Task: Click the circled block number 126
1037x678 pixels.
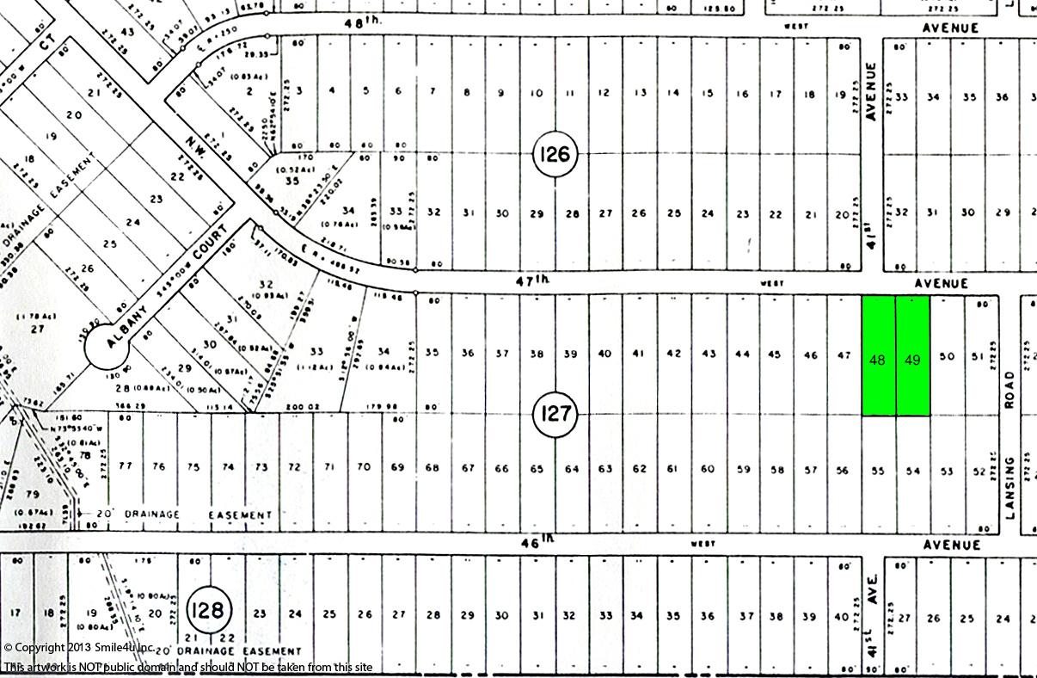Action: click(x=555, y=155)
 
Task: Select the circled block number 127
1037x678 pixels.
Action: click(x=555, y=414)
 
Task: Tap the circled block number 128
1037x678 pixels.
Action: click(x=208, y=610)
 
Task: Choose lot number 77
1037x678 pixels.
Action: click(x=126, y=466)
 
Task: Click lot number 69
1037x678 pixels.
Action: click(x=397, y=467)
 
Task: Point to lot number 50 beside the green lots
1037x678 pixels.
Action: click(x=947, y=356)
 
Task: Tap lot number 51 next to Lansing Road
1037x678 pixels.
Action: click(x=977, y=356)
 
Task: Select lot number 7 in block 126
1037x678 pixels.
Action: click(x=433, y=92)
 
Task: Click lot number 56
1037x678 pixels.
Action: click(x=843, y=471)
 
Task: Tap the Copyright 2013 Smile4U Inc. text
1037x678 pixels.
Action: click(x=79, y=647)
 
